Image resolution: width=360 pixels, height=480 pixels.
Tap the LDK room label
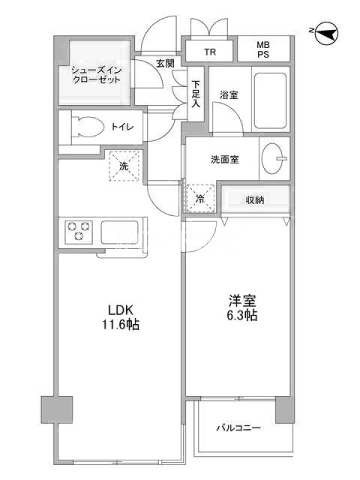pos(121,310)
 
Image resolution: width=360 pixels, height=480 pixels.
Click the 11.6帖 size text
pos(121,325)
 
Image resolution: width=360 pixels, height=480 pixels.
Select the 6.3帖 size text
pos(242,315)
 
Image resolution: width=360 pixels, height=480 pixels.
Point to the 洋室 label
pos(242,301)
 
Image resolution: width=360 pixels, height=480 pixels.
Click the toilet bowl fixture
pos(87,127)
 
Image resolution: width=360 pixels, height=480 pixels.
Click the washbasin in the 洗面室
pos(274,158)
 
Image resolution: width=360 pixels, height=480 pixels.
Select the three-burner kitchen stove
pos(79,230)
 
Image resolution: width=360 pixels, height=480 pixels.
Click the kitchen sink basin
pos(119,232)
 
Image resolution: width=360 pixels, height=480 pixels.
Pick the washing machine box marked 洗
pos(124,166)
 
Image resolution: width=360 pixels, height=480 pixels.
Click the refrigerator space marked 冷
pos(200,199)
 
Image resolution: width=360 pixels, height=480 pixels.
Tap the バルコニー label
pos(239,428)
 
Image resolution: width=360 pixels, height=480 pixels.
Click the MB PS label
pos(263,50)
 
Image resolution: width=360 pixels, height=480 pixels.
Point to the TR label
pos(210,52)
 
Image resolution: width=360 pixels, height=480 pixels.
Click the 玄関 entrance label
pos(166,64)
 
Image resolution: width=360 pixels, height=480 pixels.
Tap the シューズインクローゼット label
pos(96,75)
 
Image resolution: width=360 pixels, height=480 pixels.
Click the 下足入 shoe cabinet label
pos(196,94)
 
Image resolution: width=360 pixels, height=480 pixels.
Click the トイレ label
pos(122,127)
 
